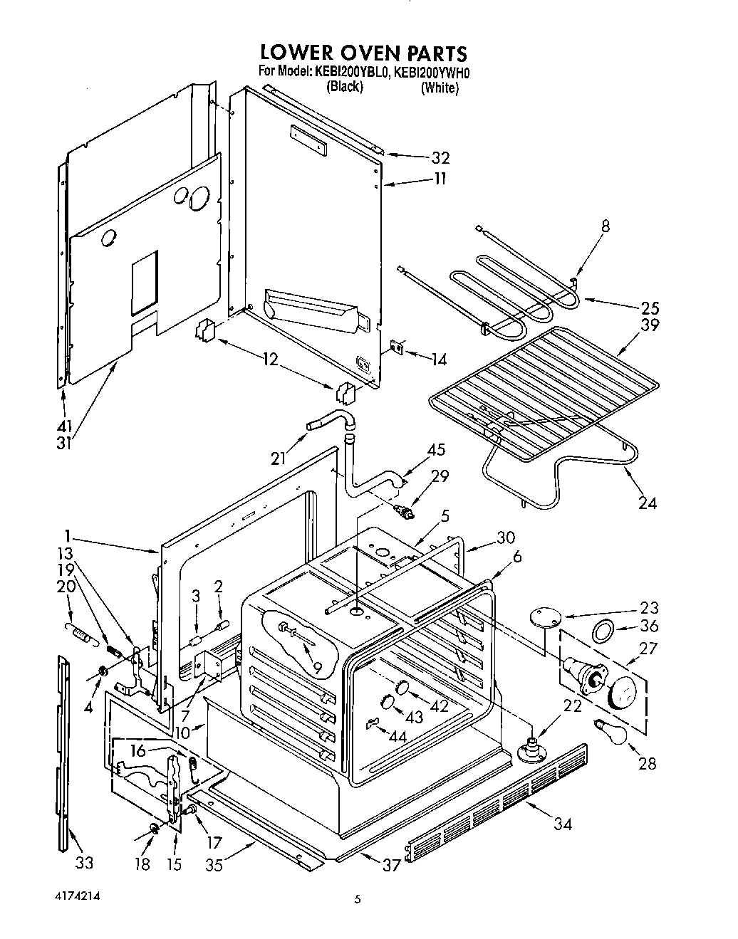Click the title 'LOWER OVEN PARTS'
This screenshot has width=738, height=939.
[x=363, y=53]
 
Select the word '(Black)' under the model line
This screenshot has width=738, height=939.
[x=345, y=87]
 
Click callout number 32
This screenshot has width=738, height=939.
[x=441, y=157]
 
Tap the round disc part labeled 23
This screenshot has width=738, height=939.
[x=544, y=618]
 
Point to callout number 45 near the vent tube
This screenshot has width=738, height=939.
[x=436, y=450]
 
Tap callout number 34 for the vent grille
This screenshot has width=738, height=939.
[x=562, y=824]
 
